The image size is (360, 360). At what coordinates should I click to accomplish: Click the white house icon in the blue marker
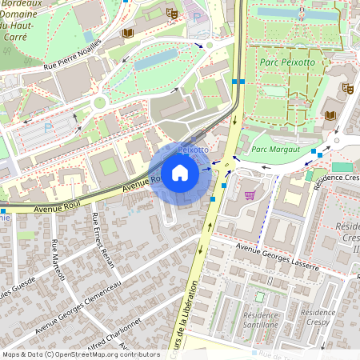[x=180, y=173]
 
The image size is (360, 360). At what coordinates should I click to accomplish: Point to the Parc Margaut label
[x=275, y=149]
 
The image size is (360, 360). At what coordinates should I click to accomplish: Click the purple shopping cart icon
[x=250, y=194]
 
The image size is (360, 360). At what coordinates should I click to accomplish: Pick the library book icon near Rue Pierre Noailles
[x=127, y=33]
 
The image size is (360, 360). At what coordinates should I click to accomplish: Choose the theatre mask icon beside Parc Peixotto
[x=347, y=88]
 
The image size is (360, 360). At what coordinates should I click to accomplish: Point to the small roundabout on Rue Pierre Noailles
[x=100, y=102]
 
